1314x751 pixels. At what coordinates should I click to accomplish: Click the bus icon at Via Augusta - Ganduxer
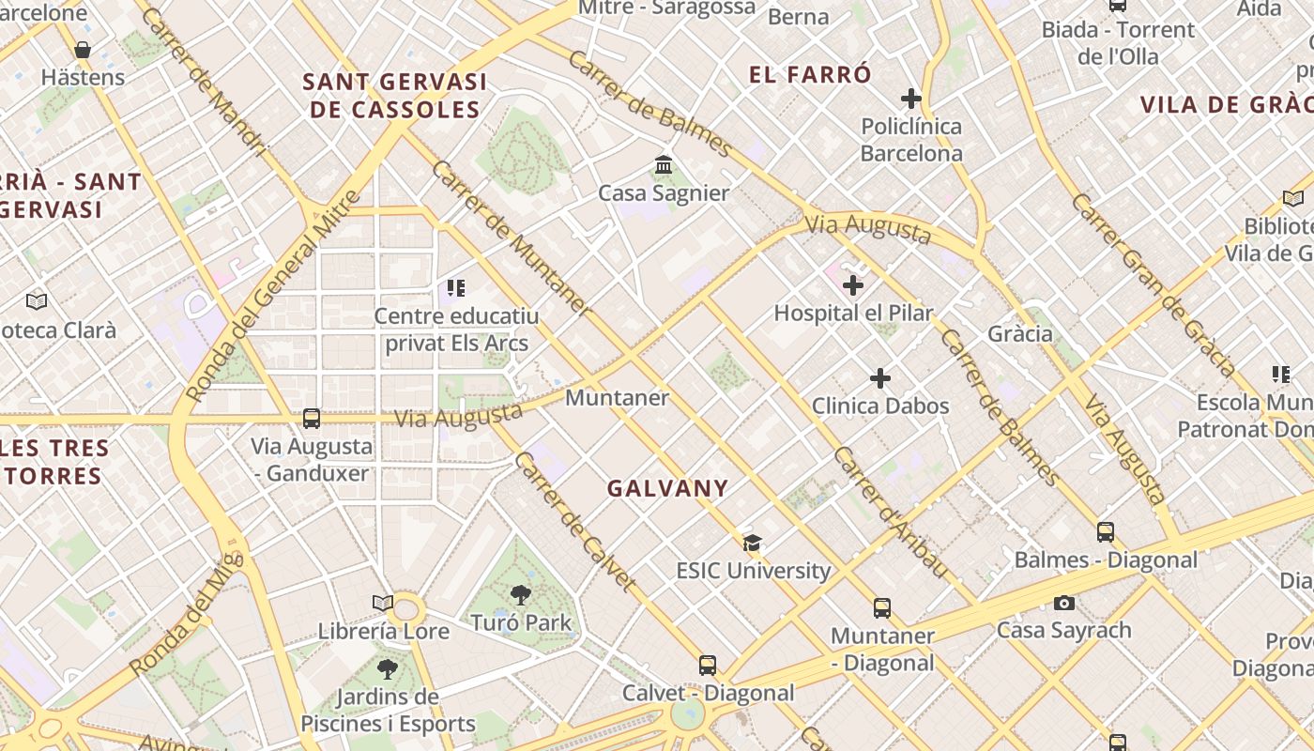coord(312,419)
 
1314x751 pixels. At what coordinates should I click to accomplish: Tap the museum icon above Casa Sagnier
coord(664,165)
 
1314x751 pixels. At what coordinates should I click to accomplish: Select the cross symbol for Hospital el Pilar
coord(853,284)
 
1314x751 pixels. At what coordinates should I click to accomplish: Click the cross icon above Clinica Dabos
coord(880,378)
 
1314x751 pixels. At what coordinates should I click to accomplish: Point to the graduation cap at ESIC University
coord(752,543)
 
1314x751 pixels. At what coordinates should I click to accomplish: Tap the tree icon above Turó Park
coord(521,594)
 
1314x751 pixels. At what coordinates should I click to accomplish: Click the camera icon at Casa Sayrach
coord(1063,603)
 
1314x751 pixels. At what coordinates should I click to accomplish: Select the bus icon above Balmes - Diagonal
coord(1106,532)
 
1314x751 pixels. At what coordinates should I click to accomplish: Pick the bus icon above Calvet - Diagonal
coord(708,666)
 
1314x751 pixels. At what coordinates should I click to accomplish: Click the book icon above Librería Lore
coord(382,603)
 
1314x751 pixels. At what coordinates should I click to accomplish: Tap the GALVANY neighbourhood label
coord(667,488)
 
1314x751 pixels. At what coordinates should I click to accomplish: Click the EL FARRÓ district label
coord(811,75)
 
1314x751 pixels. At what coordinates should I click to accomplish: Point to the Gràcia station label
coord(1020,334)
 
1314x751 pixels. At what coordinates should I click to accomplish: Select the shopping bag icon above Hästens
coord(83,50)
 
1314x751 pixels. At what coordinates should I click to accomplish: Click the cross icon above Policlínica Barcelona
coord(911,98)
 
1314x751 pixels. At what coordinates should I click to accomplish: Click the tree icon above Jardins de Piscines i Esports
coord(387,669)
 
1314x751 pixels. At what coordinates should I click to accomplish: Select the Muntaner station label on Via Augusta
coord(617,398)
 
